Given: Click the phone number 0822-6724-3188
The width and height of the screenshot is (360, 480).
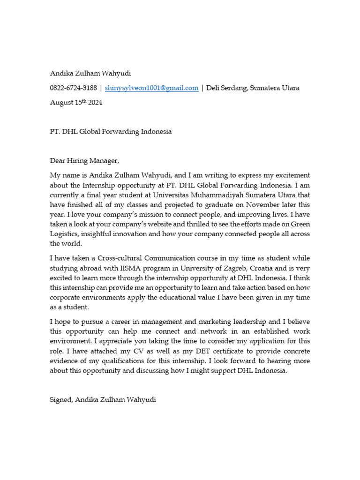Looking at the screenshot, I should [74, 88].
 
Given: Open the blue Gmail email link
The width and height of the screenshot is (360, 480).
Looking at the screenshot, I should [151, 88].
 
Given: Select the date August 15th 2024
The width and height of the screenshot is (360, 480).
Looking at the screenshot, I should [76, 103].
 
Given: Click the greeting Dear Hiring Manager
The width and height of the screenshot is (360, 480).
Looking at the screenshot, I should [85, 161].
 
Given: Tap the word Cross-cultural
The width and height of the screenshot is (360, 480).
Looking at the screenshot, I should [117, 258].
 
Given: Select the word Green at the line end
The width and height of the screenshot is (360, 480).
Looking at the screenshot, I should [300, 225].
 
